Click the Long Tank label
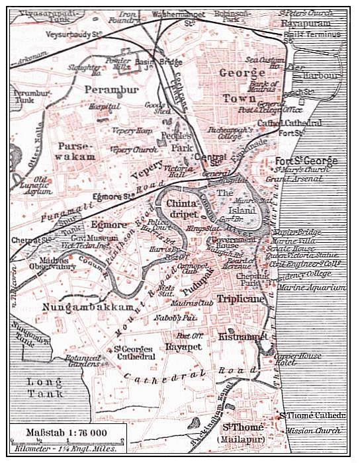point(44,390)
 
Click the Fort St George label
point(306,161)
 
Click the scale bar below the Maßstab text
point(67,442)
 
